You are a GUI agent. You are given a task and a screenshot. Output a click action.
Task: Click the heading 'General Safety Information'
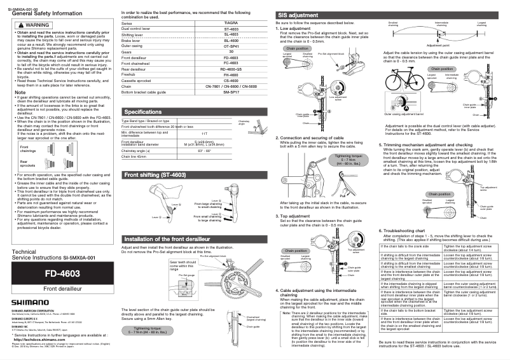47,13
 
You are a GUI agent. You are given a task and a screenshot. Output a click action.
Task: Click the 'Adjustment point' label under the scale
441,46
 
